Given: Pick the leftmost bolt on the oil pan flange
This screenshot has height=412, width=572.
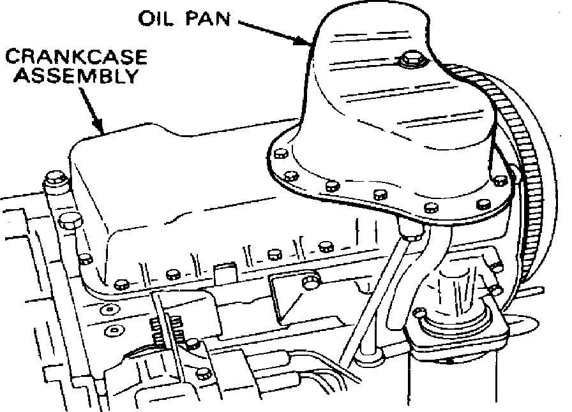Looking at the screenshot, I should [279, 154].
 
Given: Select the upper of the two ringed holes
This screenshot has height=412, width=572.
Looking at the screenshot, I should [110, 309].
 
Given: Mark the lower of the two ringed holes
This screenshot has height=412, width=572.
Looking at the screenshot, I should [113, 330].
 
